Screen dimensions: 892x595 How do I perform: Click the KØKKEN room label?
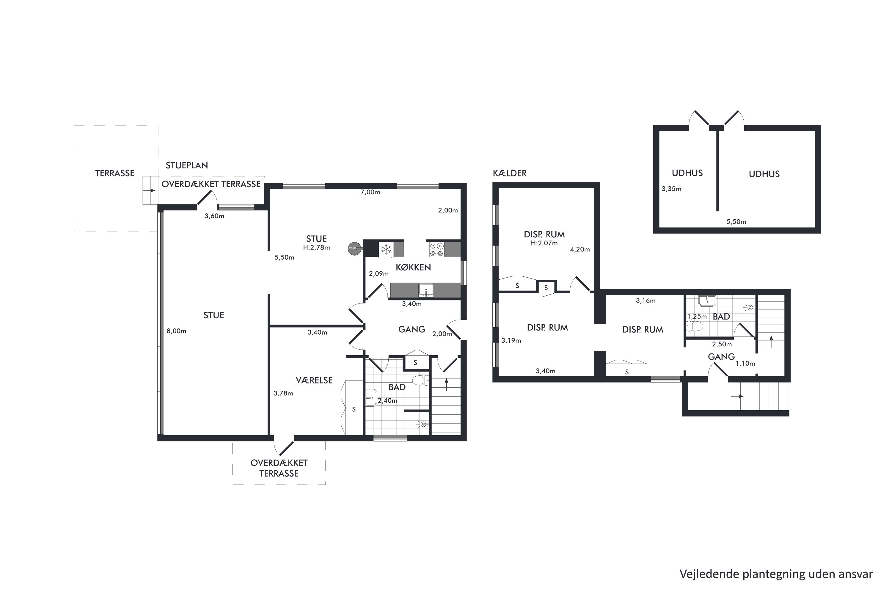pos(413,267)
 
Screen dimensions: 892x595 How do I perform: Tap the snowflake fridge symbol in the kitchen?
pos(386,250)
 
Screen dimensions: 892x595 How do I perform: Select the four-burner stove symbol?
pos(436,249)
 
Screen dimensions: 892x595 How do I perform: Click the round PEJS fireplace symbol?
pos(353,248)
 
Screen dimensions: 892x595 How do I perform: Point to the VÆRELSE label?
pos(314,380)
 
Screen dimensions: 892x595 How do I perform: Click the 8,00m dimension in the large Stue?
pos(176,331)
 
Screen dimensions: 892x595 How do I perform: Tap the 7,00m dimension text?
pos(370,192)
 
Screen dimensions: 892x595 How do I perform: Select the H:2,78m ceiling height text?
pos(316,248)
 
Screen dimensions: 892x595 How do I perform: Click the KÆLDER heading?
pos(510,173)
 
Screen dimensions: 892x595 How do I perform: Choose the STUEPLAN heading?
pos(187,165)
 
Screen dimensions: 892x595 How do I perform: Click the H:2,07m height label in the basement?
pos(544,243)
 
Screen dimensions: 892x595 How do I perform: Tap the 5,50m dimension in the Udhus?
pos(736,222)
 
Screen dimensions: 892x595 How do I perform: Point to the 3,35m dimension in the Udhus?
pos(671,189)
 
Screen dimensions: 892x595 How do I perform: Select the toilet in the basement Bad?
pos(695,326)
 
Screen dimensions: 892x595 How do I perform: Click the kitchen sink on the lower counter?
pos(426,291)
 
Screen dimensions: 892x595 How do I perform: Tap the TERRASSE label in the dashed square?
pos(114,173)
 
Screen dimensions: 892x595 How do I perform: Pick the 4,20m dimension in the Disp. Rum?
pos(580,250)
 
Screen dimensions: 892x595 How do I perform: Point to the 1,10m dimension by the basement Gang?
pos(745,364)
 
